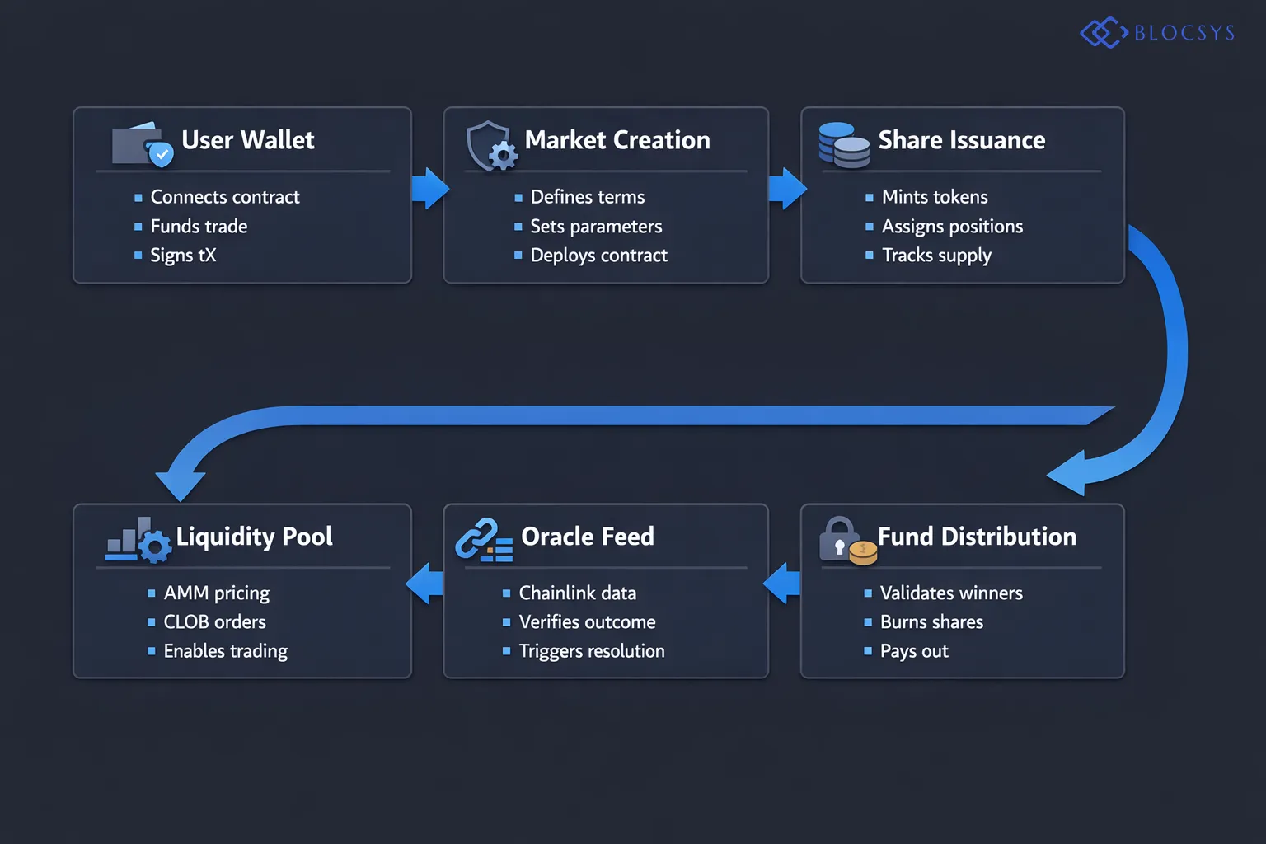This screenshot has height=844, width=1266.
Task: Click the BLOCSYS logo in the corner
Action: pyautogui.click(x=1157, y=33)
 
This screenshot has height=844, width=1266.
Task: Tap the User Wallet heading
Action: pyautogui.click(x=247, y=140)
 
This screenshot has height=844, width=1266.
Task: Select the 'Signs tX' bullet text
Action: pyautogui.click(x=183, y=256)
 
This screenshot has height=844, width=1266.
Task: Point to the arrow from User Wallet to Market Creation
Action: pyautogui.click(x=429, y=189)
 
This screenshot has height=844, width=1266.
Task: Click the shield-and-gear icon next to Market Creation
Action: pyautogui.click(x=491, y=146)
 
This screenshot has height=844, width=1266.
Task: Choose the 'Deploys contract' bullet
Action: pyautogui.click(x=598, y=256)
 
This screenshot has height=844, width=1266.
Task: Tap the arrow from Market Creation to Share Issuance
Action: pyautogui.click(x=786, y=189)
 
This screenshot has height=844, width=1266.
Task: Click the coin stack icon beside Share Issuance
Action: pyautogui.click(x=843, y=145)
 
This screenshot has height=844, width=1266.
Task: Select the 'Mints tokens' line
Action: pyautogui.click(x=934, y=197)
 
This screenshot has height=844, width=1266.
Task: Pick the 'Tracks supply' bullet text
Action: pyautogui.click(x=936, y=256)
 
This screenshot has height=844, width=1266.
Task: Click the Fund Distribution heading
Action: pyautogui.click(x=977, y=537)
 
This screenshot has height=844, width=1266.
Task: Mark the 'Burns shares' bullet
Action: pyautogui.click(x=931, y=622)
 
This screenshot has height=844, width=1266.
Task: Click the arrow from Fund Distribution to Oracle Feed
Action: pyautogui.click(x=783, y=584)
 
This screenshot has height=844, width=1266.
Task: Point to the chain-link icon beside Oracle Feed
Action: pyautogui.click(x=483, y=541)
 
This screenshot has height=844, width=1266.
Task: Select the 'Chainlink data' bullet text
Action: pyautogui.click(x=577, y=593)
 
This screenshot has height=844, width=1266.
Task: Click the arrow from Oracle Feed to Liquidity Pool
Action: pyautogui.click(x=426, y=584)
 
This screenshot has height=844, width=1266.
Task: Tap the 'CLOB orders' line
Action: pyautogui.click(x=214, y=622)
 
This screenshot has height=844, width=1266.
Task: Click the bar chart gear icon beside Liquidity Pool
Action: pyautogui.click(x=138, y=542)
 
